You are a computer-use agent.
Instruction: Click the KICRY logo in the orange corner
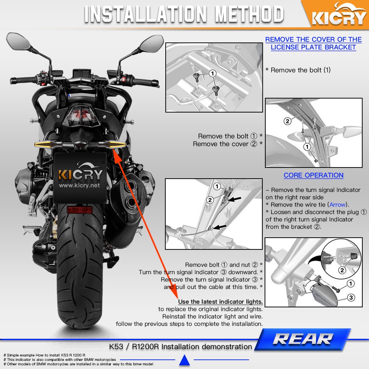tap(338, 15)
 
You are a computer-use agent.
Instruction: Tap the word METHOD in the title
tap(249, 14)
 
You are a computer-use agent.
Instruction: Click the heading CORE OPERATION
tap(313, 175)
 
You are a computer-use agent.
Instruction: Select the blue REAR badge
tap(303, 339)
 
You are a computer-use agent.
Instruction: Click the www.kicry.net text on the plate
tap(79, 186)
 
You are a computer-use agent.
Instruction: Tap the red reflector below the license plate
tap(80, 210)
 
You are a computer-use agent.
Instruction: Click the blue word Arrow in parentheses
tap(338, 204)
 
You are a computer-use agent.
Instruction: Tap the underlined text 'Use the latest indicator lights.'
tap(220, 302)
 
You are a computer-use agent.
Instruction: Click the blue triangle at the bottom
tap(184, 360)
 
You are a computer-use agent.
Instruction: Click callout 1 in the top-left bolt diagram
tap(213, 73)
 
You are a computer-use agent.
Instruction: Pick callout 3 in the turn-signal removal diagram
tap(351, 298)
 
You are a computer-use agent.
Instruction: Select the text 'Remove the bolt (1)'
tap(298, 70)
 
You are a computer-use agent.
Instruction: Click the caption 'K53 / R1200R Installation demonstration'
tap(180, 346)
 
